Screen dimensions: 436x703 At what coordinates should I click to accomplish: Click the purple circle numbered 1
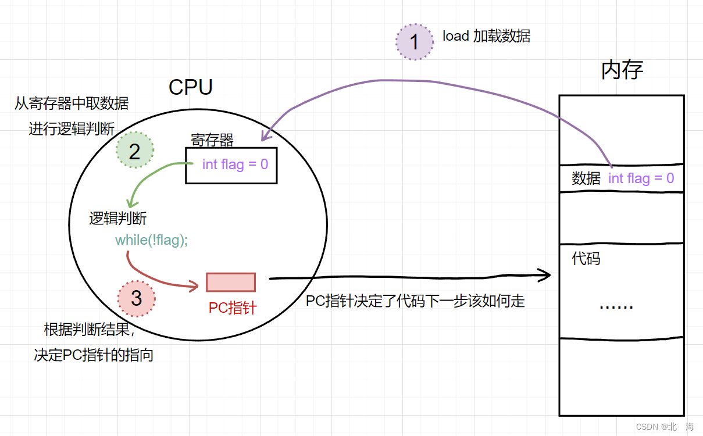tap(415, 42)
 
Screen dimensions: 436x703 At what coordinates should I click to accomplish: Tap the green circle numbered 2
tap(135, 151)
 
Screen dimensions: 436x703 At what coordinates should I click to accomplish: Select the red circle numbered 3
tap(137, 298)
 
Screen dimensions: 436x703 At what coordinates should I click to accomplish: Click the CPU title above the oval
tap(190, 87)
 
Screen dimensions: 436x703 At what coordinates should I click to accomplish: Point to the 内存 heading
tap(622, 70)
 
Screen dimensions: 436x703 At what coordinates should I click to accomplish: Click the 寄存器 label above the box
tap(212, 140)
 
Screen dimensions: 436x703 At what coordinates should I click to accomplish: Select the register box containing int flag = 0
tap(231, 165)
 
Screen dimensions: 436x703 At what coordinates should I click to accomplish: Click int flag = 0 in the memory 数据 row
tap(641, 178)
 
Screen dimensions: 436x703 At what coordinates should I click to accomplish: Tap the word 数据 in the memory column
tap(586, 178)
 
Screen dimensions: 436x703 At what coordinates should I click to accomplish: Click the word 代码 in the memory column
tap(586, 259)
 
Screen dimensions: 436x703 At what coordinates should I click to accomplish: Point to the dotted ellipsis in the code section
tap(616, 306)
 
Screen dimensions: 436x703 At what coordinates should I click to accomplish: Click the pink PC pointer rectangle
tap(231, 282)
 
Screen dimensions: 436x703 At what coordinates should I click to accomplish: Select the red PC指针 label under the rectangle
tap(233, 308)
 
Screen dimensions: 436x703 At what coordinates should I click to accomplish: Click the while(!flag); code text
tap(151, 240)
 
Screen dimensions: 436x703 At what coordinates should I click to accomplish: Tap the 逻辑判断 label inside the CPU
tap(117, 219)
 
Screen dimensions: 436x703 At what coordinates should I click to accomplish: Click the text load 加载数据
tap(486, 36)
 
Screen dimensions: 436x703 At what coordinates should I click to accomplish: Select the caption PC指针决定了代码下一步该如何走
tap(415, 301)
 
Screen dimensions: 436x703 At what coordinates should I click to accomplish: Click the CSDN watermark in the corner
tap(665, 427)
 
